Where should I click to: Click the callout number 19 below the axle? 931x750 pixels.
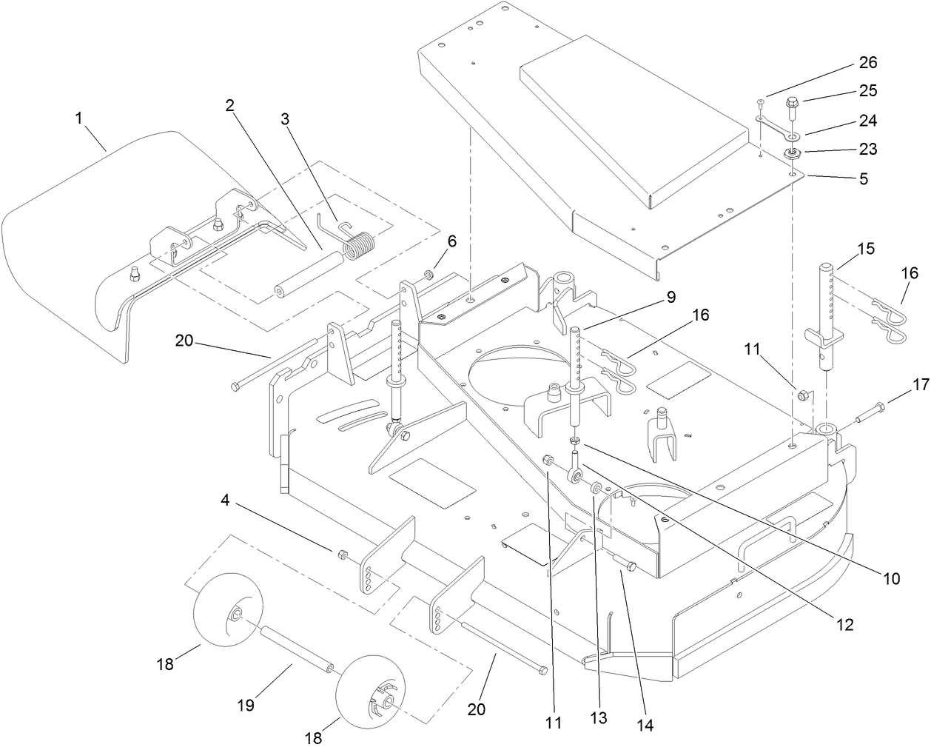pyautogui.click(x=246, y=705)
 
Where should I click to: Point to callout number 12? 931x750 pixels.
pyautogui.click(x=845, y=624)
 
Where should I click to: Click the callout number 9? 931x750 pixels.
pyautogui.click(x=670, y=297)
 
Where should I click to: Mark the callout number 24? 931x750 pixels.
pyautogui.click(x=867, y=120)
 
